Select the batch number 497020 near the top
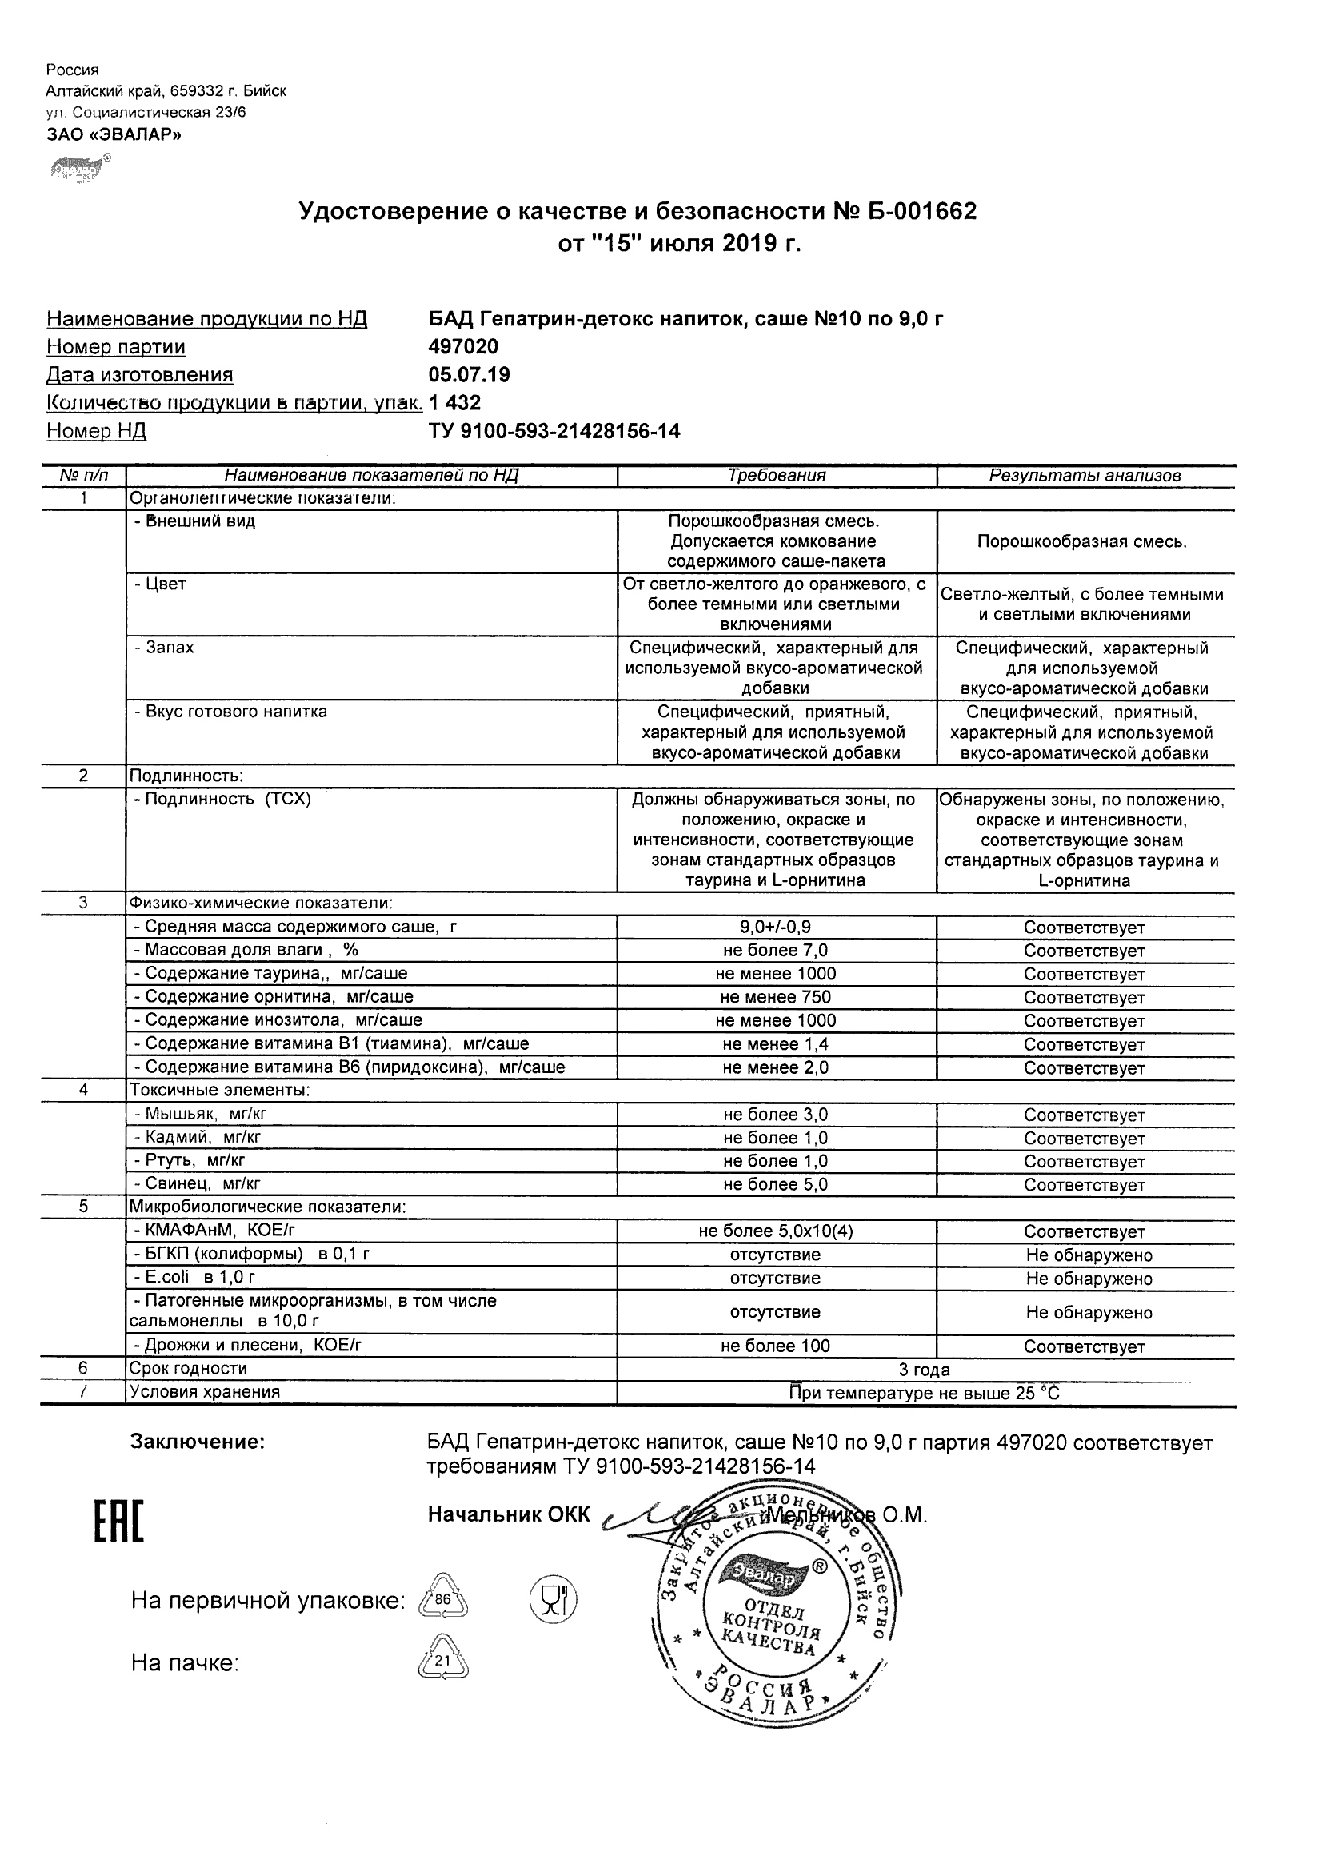(x=463, y=347)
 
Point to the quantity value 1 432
(x=455, y=402)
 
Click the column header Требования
(x=776, y=476)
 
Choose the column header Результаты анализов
(x=1085, y=476)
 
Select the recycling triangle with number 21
(x=442, y=1660)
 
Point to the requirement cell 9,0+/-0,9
(x=775, y=928)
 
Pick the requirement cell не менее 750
(x=775, y=997)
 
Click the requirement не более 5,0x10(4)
(x=775, y=1231)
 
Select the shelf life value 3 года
(x=925, y=1370)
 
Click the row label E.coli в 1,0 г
(x=195, y=1277)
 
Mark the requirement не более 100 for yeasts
(x=775, y=1346)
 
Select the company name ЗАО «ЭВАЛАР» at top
(x=114, y=135)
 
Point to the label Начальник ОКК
(x=509, y=1514)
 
